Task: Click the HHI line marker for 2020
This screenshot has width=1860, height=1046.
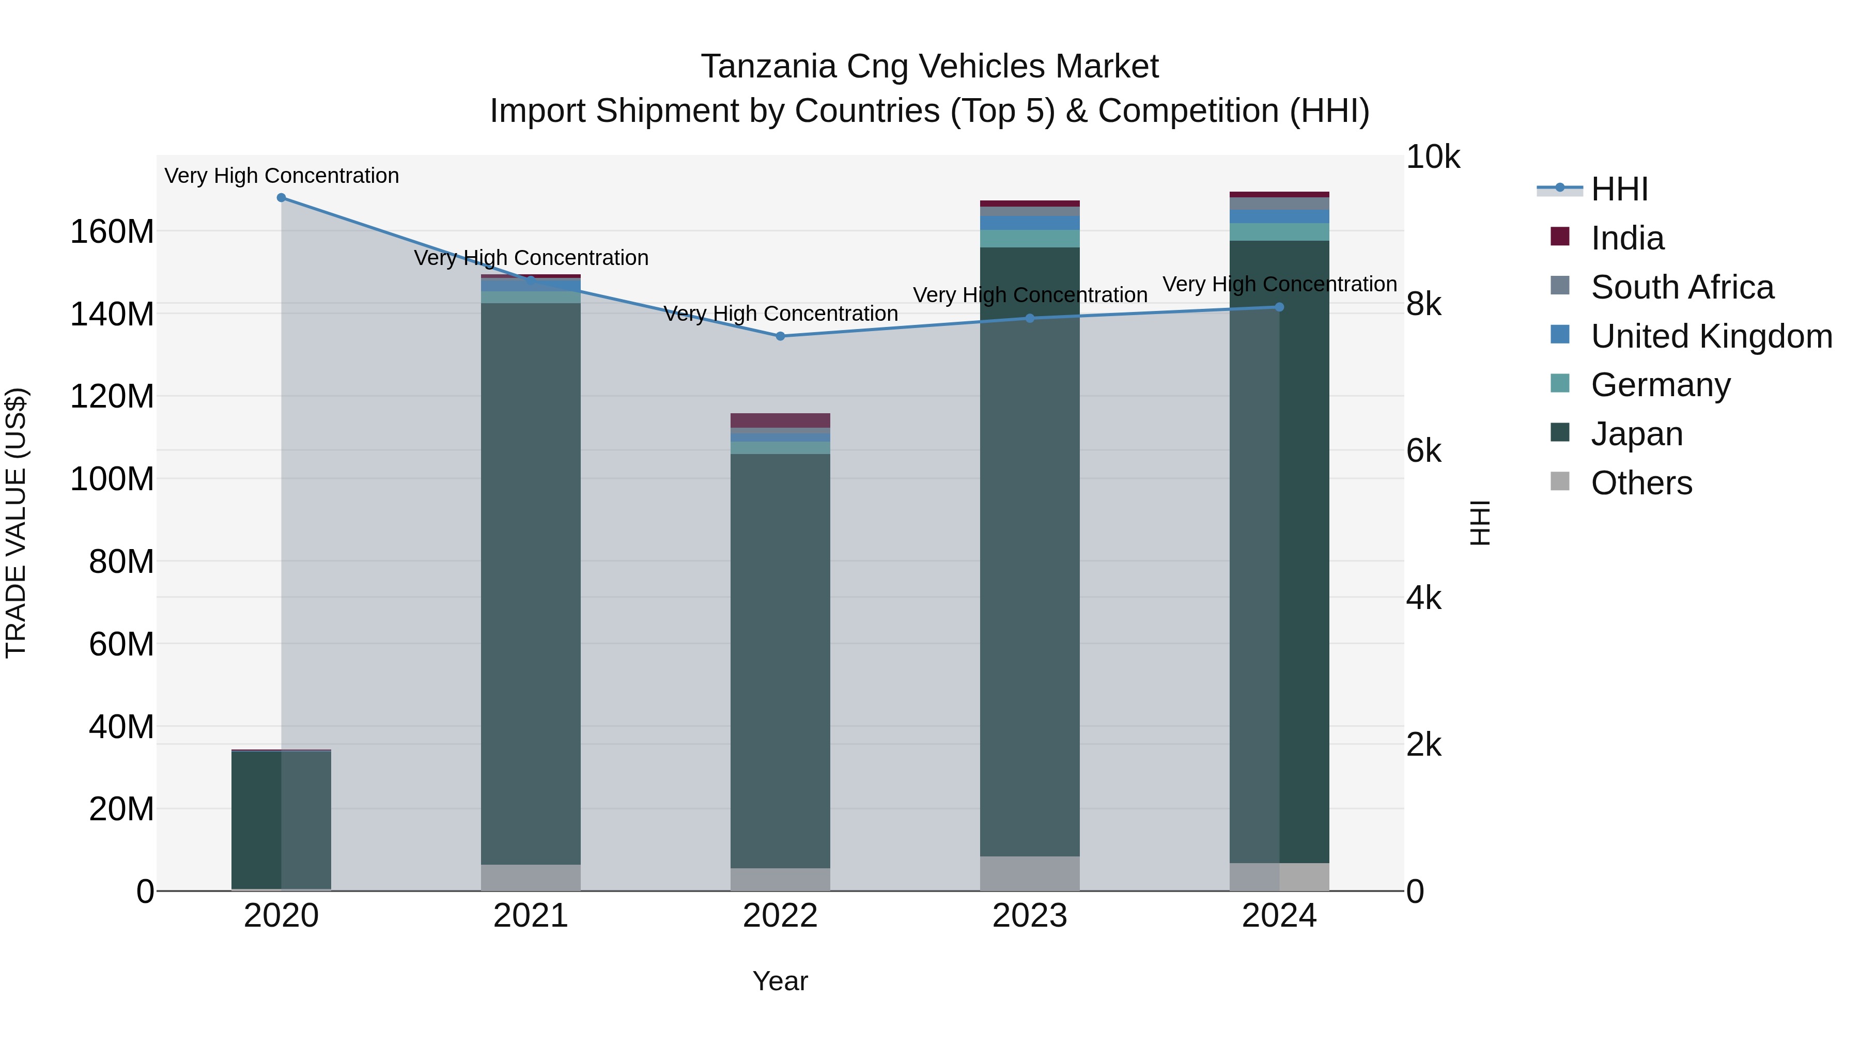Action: tap(282, 198)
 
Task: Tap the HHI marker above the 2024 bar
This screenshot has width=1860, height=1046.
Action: tap(1279, 307)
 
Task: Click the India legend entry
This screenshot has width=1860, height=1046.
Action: tap(1627, 238)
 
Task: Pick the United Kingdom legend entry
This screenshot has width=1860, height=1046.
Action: tap(1711, 336)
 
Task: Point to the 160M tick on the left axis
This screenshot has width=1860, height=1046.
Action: tap(112, 232)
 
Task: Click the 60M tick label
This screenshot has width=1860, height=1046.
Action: tap(121, 644)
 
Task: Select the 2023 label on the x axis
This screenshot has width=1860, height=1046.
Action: tap(1030, 916)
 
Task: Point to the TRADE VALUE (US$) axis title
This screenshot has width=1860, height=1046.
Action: tap(16, 523)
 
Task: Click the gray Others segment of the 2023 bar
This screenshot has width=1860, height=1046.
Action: tap(1030, 873)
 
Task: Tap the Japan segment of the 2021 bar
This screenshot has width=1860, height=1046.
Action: tap(531, 577)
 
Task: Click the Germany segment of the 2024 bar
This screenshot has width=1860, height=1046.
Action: tap(1279, 232)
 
